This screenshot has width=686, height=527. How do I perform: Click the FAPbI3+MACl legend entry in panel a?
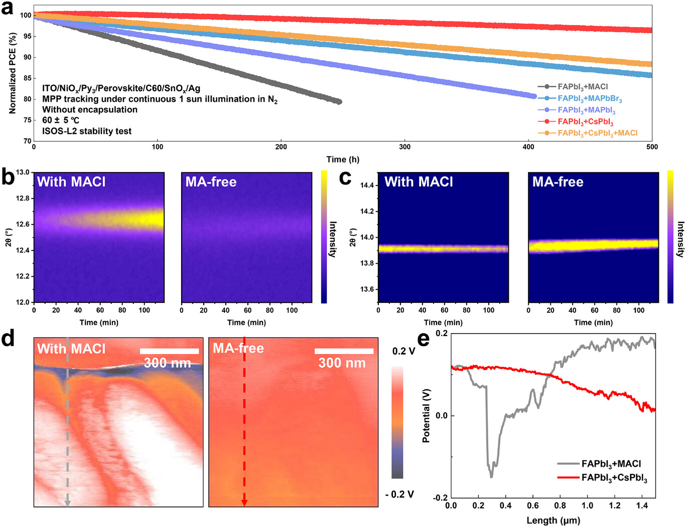(x=582, y=87)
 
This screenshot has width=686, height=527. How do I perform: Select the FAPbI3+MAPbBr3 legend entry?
(x=589, y=99)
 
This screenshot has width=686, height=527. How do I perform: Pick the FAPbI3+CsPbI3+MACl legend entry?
(x=597, y=133)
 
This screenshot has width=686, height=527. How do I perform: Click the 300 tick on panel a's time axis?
(x=404, y=147)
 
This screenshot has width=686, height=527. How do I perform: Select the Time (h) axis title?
(x=343, y=159)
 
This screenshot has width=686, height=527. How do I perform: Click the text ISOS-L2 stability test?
(x=87, y=131)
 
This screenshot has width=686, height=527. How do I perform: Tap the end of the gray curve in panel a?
(x=339, y=102)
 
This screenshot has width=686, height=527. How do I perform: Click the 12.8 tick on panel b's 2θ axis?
(x=23, y=199)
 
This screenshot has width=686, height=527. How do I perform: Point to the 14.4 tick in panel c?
(x=367, y=186)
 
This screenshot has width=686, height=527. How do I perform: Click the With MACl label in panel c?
(x=419, y=182)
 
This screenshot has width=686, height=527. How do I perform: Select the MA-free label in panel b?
(x=211, y=182)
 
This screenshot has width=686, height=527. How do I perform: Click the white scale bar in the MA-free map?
(x=344, y=351)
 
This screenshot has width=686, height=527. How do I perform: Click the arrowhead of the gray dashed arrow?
(x=67, y=503)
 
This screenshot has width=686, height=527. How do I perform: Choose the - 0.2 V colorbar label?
(x=399, y=494)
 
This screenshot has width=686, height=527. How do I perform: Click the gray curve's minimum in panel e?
(x=491, y=476)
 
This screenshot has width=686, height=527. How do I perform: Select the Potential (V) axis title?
(x=426, y=415)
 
